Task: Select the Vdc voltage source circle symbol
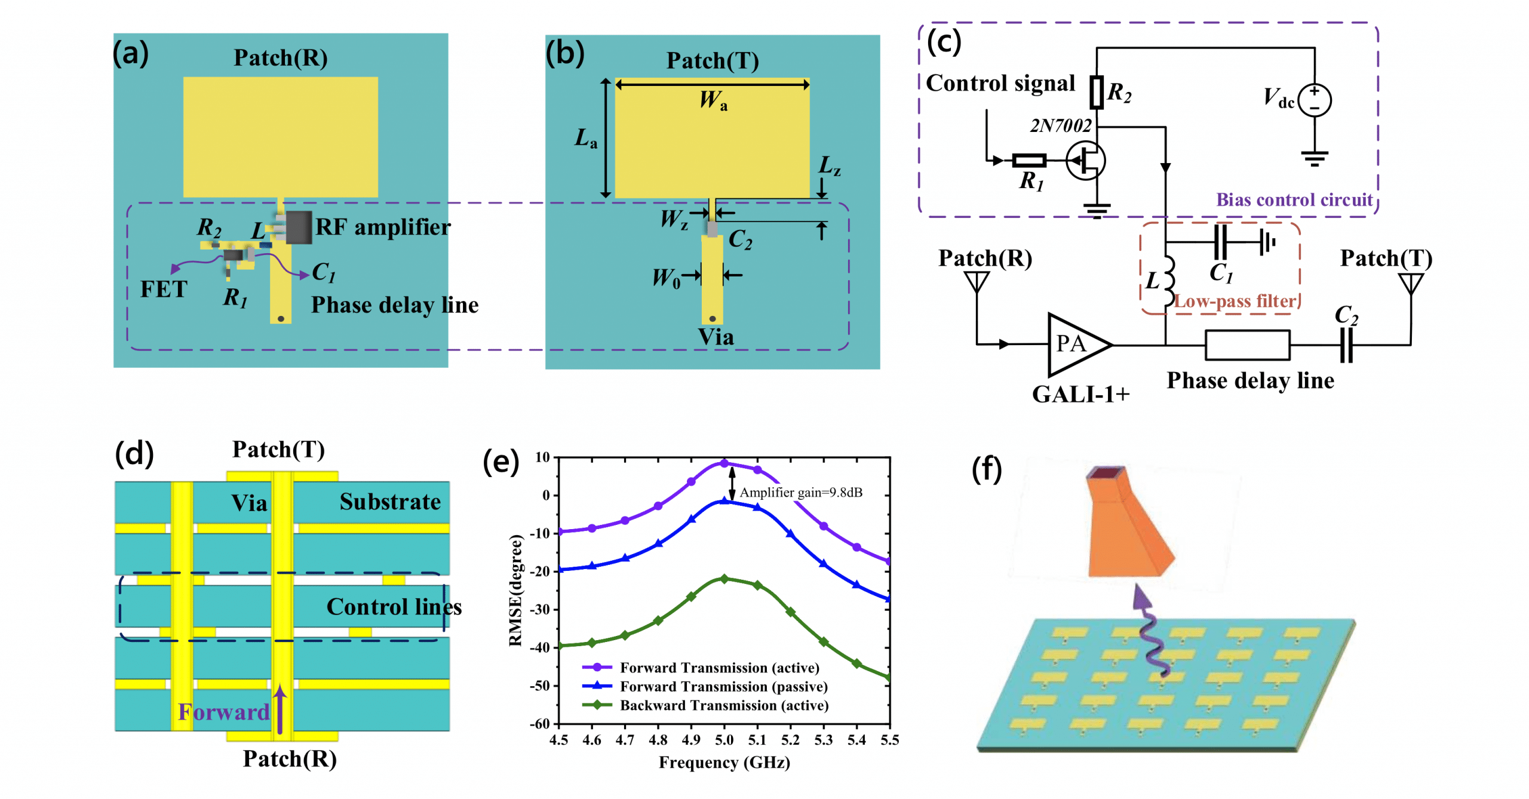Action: tap(1313, 99)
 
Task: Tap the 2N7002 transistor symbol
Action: tap(1085, 160)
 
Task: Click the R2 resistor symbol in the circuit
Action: tap(1095, 92)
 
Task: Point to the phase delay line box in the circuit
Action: tap(1246, 345)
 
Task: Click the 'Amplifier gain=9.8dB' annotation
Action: tap(800, 492)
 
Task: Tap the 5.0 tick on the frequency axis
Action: tap(724, 740)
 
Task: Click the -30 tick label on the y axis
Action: tap(541, 609)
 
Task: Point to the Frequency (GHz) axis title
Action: tap(724, 762)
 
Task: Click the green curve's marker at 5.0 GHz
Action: tap(724, 578)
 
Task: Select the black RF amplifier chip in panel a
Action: tap(298, 227)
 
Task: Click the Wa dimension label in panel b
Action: tap(713, 100)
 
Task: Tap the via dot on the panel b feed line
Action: tap(712, 318)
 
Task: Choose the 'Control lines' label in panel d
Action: tap(394, 607)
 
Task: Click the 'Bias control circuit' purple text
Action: tap(1294, 199)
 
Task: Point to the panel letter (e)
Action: tap(500, 461)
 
